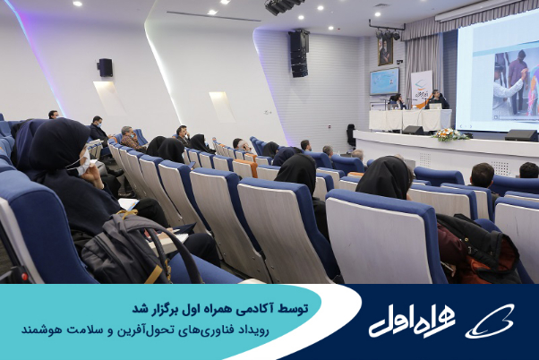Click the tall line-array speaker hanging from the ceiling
tap(298, 53)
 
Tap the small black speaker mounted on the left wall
tap(106, 67)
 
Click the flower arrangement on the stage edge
tap(449, 134)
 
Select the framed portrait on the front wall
tap(385, 51)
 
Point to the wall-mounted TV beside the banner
tap(384, 81)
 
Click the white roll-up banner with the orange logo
tap(421, 89)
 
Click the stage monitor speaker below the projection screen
tap(521, 135)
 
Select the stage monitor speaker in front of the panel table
tap(414, 130)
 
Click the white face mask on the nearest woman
tap(84, 165)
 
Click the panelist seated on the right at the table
tap(436, 100)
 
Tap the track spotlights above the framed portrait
tap(388, 34)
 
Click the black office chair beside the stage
tap(351, 135)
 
